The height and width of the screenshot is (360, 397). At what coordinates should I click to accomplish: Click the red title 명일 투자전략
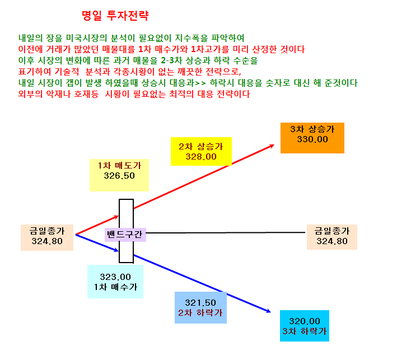point(115,16)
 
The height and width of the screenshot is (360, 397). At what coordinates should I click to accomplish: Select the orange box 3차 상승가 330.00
point(312,138)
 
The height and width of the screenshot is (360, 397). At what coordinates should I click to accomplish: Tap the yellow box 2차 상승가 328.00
point(201,151)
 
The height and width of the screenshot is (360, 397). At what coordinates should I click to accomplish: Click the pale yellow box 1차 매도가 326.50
point(119,175)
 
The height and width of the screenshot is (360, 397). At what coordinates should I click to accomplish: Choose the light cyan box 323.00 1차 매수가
point(115,282)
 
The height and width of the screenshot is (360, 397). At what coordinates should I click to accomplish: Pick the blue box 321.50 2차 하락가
point(200,307)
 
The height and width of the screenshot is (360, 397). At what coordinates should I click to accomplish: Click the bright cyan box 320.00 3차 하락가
point(305,326)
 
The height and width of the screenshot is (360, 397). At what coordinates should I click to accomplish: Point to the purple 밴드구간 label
point(125,235)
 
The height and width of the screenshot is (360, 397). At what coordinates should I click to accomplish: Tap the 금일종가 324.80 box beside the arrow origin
point(47,237)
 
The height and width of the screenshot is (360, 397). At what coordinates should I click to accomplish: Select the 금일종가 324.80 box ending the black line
point(332,237)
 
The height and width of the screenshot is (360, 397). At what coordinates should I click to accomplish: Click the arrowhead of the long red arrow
point(272,146)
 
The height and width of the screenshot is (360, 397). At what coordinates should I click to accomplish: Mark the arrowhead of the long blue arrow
point(268,311)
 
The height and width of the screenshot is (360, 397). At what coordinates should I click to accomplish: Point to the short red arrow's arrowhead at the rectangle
point(116,217)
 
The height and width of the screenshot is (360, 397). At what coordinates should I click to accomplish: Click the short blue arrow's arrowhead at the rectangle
point(116,250)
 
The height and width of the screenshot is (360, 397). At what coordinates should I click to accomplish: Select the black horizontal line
point(225,233)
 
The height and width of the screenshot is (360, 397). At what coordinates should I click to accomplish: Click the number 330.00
point(312,139)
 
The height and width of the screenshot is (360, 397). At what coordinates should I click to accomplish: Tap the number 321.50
point(200,302)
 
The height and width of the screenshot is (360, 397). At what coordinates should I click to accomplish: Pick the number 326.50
point(119,176)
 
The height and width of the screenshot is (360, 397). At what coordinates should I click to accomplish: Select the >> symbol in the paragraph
point(200,83)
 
